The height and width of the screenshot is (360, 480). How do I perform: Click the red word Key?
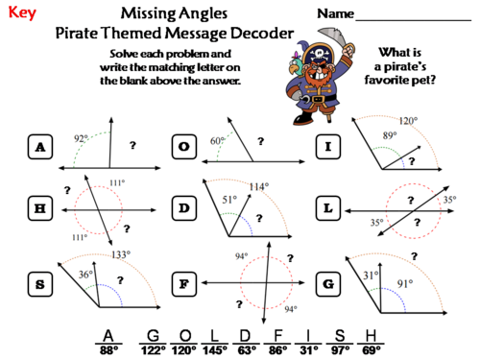click(x=21, y=14)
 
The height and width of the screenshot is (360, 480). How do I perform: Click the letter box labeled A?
click(x=39, y=148)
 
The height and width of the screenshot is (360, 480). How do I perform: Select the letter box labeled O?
click(x=183, y=148)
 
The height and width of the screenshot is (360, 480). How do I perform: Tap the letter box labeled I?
click(x=327, y=148)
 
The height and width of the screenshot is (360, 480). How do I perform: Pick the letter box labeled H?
click(x=39, y=206)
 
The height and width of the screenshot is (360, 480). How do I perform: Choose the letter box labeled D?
click(x=183, y=206)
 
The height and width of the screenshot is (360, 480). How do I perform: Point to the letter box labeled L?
click(x=327, y=206)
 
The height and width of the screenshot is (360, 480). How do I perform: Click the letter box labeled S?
click(x=39, y=284)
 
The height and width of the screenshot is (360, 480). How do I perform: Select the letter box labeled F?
click(x=183, y=284)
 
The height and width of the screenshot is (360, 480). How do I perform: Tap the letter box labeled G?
click(x=327, y=284)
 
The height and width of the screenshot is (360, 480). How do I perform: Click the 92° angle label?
click(x=81, y=138)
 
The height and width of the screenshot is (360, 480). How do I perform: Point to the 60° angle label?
click(x=218, y=140)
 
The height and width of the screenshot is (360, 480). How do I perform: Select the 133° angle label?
click(x=120, y=255)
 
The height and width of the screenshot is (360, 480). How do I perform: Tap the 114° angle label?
click(x=257, y=186)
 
